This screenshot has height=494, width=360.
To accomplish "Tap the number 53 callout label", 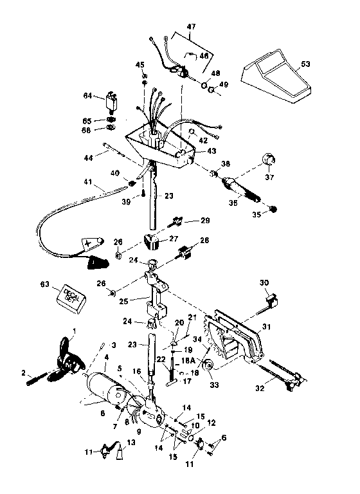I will point(305,64).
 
